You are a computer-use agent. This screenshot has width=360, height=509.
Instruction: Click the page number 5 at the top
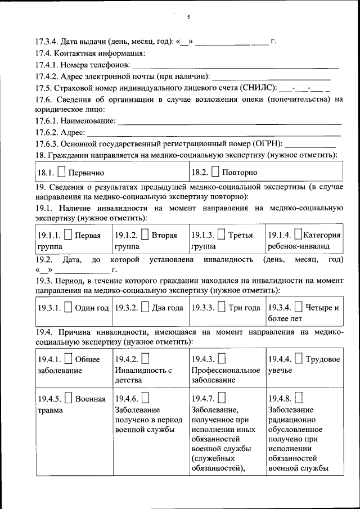point(188,17)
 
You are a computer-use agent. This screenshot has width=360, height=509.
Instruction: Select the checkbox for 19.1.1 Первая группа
point(68,235)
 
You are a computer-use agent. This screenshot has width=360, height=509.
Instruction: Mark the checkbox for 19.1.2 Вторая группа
point(145,235)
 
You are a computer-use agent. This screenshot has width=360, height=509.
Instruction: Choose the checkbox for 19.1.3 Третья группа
point(221,235)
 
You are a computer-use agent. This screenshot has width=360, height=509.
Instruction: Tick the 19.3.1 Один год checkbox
point(68,308)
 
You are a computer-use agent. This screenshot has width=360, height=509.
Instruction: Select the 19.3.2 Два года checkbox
point(145,308)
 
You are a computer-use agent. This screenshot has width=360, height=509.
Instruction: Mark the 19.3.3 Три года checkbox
point(222,308)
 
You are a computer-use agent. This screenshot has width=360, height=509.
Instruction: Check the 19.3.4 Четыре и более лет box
point(298,308)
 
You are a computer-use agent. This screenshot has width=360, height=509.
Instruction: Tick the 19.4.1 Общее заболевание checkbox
point(68,359)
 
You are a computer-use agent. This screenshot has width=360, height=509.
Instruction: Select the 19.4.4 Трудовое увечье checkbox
point(298,359)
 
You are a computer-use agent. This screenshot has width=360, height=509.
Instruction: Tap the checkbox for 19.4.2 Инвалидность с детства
point(145,359)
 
